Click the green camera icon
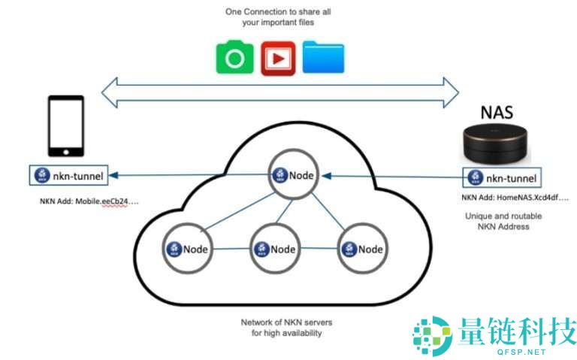[x=234, y=58]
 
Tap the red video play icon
[x=278, y=58]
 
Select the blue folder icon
[x=323, y=58]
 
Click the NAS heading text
[x=497, y=113]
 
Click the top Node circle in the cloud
[x=293, y=176]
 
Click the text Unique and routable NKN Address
[x=503, y=221]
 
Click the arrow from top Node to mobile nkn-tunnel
[x=188, y=176]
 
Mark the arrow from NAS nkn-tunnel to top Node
[x=394, y=177]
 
